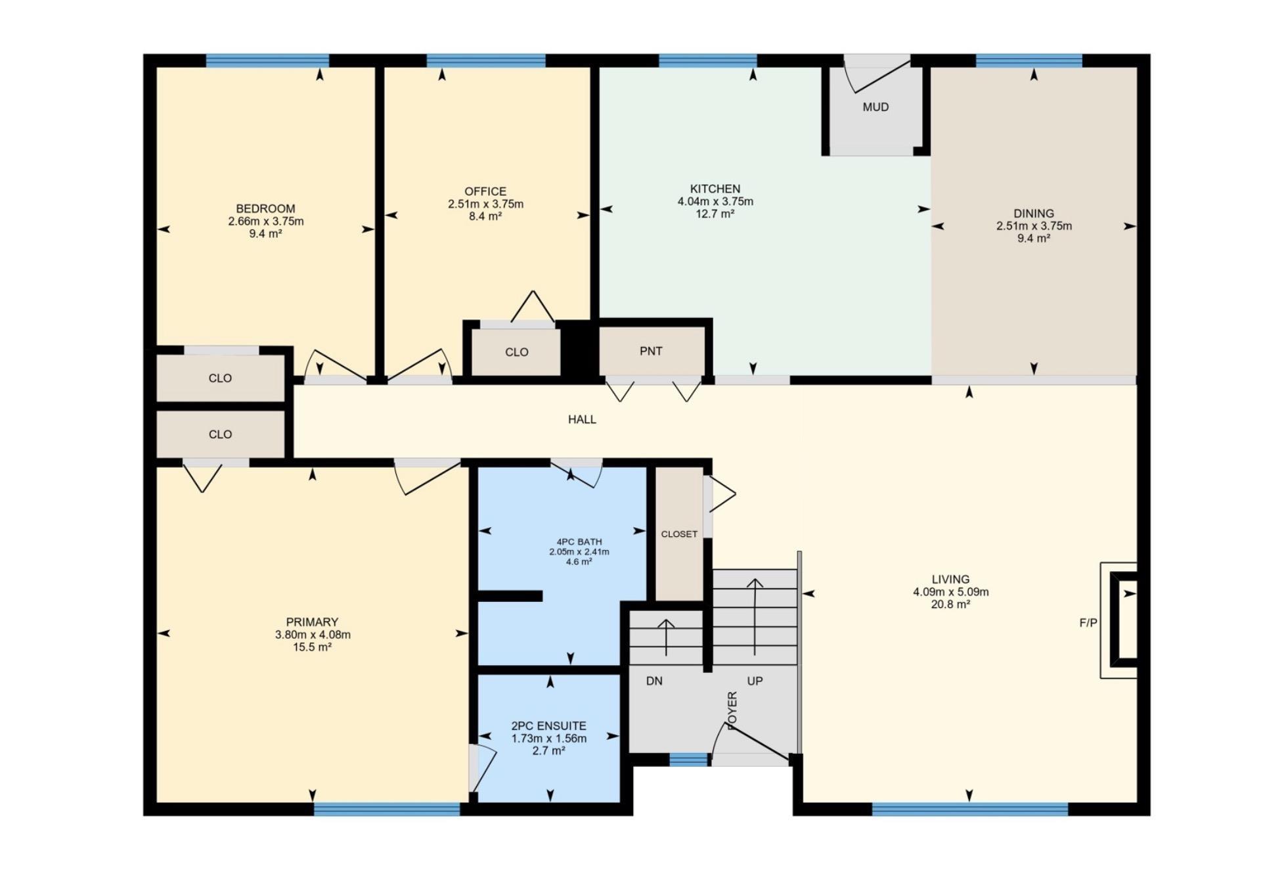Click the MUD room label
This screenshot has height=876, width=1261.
pyautogui.click(x=875, y=107)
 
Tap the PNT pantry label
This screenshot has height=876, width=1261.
pyautogui.click(x=651, y=352)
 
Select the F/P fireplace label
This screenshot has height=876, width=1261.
pyautogui.click(x=1088, y=623)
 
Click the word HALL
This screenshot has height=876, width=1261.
pyautogui.click(x=582, y=419)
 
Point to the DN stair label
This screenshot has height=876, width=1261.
pyautogui.click(x=654, y=681)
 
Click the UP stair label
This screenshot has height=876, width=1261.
pyautogui.click(x=755, y=681)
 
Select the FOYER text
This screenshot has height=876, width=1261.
pyautogui.click(x=732, y=709)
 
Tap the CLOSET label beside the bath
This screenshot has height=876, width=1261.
pyautogui.click(x=679, y=534)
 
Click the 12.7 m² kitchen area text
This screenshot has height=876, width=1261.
pyautogui.click(x=715, y=214)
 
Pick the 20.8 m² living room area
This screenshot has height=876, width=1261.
pyautogui.click(x=950, y=604)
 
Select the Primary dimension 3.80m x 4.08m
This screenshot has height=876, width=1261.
pyautogui.click(x=313, y=635)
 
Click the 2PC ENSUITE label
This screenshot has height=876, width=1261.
pyautogui.click(x=548, y=726)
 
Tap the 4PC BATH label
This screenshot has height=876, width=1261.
pyautogui.click(x=579, y=542)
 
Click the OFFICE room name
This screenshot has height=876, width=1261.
pyautogui.click(x=485, y=192)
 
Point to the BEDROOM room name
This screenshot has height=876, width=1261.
pyautogui.click(x=265, y=209)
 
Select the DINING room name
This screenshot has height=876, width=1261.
pyautogui.click(x=1034, y=214)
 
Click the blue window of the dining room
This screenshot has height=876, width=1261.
pyautogui.click(x=1029, y=61)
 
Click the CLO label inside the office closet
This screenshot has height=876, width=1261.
pyautogui.click(x=517, y=352)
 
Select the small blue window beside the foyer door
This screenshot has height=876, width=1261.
pyautogui.click(x=689, y=760)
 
